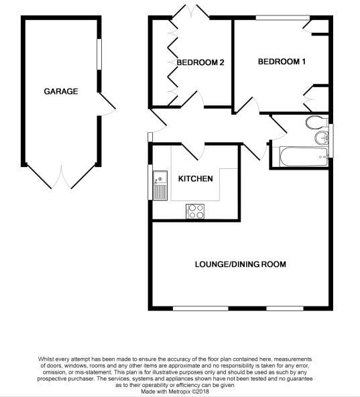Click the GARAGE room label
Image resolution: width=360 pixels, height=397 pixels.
tap(61, 91)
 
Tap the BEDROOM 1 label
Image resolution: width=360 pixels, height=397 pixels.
tap(282, 62)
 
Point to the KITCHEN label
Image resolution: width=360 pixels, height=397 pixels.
tap(195, 179)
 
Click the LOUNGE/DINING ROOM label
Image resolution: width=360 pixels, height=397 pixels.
tap(240, 264)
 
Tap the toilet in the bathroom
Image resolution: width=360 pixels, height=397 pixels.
tap(314, 122)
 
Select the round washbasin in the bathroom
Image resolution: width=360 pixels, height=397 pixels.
tap(322, 138)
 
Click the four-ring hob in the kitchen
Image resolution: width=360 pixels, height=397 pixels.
tap(195, 211)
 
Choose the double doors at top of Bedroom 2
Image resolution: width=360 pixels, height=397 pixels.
tap(191, 11)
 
